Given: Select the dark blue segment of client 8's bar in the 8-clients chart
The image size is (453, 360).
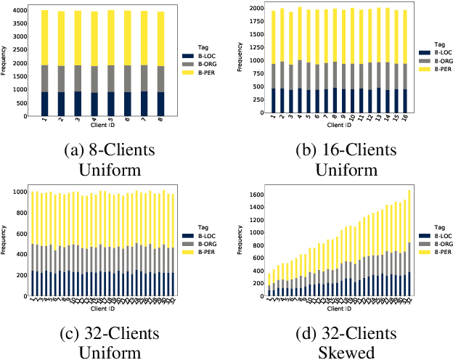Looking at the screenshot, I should coord(160,103).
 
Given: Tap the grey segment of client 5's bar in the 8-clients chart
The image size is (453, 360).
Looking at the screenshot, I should coord(110,78).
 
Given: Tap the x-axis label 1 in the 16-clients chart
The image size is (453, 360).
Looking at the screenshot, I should coord(273,118).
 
